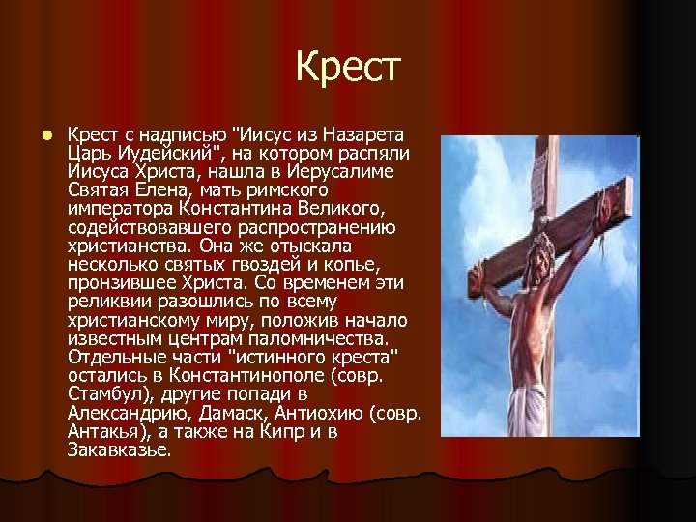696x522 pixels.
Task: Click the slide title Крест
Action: point(347,67)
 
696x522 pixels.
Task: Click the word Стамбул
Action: point(102,394)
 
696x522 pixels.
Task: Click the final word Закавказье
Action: point(120,449)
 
